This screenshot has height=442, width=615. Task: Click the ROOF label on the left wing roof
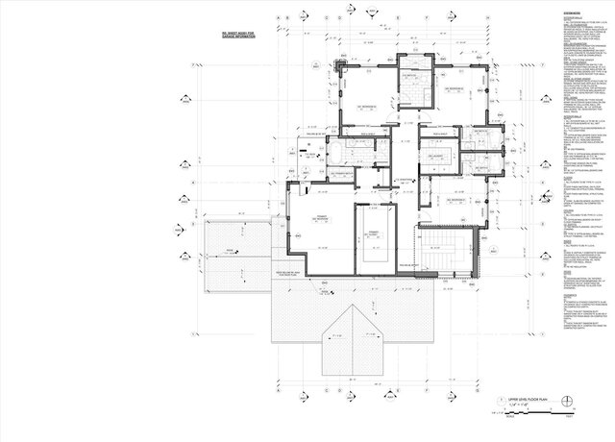(229, 252)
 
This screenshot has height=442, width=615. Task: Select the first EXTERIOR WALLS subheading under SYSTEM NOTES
(560, 23)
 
